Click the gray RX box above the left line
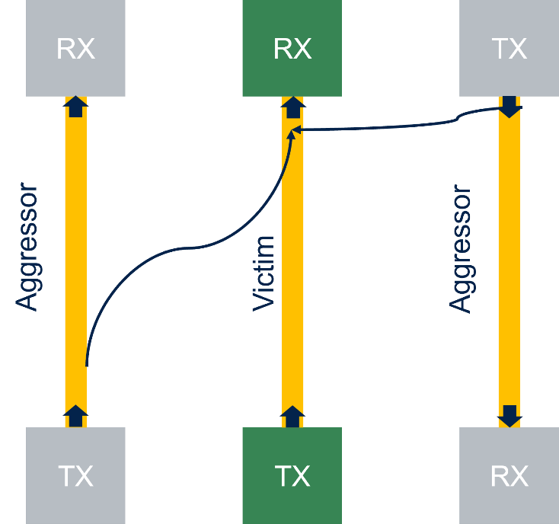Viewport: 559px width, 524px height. click(x=75, y=48)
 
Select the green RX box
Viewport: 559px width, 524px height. click(x=292, y=48)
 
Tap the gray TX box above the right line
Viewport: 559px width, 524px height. click(x=509, y=48)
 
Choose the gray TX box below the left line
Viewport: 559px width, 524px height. click(x=75, y=475)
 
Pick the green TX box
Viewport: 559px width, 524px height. click(x=292, y=475)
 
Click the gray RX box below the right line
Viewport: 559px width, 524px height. click(x=509, y=475)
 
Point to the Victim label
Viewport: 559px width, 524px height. click(x=264, y=273)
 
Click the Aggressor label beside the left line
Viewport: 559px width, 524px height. click(x=27, y=246)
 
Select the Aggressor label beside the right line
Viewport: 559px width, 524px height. click(x=461, y=249)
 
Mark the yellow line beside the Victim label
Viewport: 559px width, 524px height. click(x=292, y=305)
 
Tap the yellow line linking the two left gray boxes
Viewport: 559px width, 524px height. click(x=75, y=228)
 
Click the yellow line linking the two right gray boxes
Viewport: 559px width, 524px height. click(x=509, y=267)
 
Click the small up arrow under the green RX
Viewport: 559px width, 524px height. click(x=292, y=107)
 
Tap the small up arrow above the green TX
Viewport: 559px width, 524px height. click(x=292, y=416)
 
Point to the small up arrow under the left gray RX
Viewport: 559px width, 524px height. click(x=75, y=107)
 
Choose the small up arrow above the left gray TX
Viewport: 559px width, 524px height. click(x=75, y=416)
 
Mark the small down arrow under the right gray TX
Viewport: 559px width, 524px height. click(x=509, y=107)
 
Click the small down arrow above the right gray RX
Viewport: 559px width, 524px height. click(x=509, y=416)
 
